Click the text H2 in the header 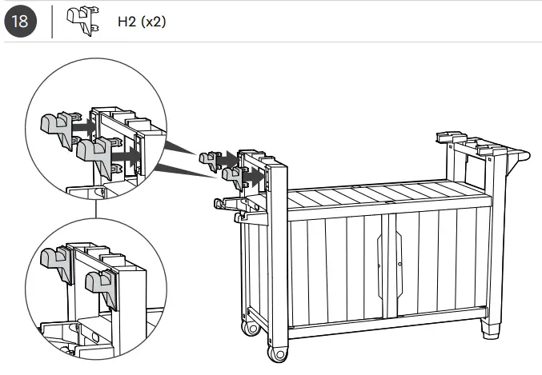(x=126, y=22)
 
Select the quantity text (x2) (x=153, y=22)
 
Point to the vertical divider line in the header (x=52, y=21)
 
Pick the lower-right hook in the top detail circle (x=98, y=154)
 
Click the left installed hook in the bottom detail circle (x=55, y=265)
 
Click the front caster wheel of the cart (x=277, y=353)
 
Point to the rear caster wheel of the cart (x=251, y=326)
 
